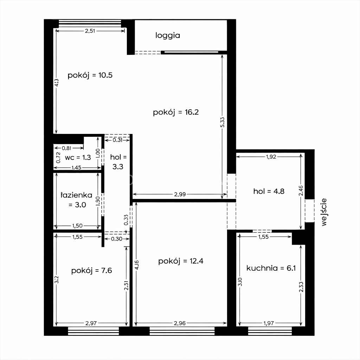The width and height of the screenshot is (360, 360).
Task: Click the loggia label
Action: click(168, 36)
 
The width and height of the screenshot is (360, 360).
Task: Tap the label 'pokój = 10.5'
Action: click(90, 75)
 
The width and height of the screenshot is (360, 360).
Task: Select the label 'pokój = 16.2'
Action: click(176, 112)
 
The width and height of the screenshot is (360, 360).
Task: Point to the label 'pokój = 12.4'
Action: click(181, 261)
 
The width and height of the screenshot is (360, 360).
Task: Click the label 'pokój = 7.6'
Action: click(92, 270)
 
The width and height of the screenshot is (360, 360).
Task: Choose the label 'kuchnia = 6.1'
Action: click(271, 268)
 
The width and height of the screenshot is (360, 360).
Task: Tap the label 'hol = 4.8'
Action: click(269, 191)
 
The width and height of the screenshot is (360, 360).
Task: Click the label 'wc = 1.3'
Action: click(78, 157)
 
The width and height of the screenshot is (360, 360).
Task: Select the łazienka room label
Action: click(77, 200)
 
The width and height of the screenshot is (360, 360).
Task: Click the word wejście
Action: click(324, 212)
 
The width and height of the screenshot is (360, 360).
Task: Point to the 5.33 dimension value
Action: click(222, 122)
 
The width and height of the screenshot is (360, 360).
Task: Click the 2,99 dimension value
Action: click(180, 194)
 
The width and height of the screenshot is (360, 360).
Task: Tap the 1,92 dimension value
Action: click(271, 157)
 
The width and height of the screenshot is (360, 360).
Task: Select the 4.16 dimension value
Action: click(137, 265)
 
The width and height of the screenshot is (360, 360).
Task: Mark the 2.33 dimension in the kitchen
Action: click(301, 287)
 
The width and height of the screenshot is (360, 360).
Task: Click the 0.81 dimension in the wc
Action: click(66, 148)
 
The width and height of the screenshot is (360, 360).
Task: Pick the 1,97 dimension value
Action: click(269, 323)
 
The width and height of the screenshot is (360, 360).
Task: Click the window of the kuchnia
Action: click(270, 331)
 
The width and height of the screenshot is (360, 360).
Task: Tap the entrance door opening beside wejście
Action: click(309, 211)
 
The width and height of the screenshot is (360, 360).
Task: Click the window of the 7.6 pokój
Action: click(94, 331)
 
